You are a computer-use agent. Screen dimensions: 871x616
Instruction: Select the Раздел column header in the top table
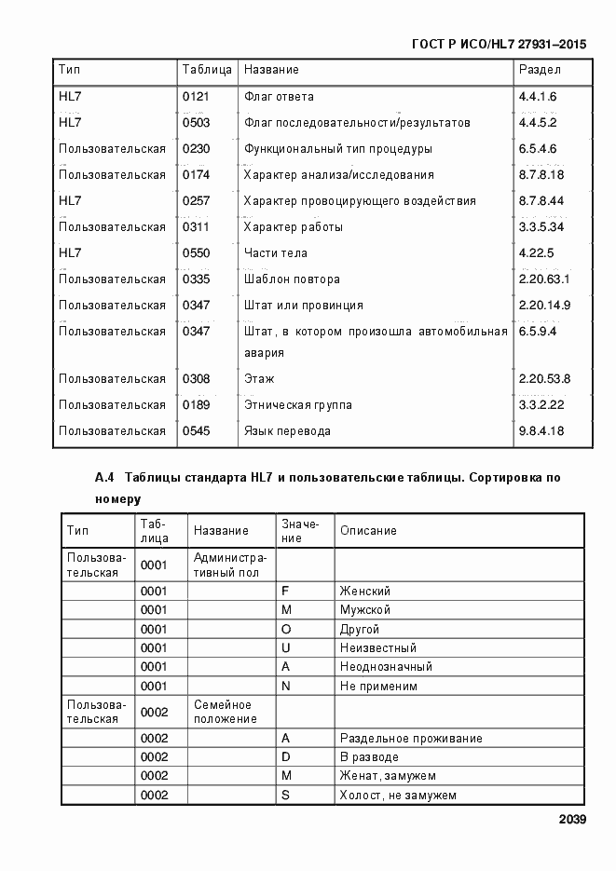540,70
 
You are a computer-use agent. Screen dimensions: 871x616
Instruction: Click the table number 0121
196,97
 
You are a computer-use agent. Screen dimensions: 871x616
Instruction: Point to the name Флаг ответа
279,97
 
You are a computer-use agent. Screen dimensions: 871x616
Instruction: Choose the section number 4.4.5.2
538,123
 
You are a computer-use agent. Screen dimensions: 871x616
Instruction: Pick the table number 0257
196,201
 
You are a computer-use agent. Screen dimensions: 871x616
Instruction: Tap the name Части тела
275,253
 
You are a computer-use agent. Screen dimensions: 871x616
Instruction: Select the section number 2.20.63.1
544,279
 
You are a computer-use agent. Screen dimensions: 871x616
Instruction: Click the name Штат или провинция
303,306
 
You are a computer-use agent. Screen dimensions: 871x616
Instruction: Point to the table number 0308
196,379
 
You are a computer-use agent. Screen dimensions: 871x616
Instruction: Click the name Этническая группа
297,405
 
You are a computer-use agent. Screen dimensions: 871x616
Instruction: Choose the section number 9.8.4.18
541,431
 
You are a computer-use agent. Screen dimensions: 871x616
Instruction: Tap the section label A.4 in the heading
103,478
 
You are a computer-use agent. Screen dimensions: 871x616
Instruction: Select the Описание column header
368,531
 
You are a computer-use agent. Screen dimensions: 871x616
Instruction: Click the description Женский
364,592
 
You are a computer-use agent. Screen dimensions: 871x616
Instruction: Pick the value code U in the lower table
286,648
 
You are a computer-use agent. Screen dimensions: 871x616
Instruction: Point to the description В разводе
369,757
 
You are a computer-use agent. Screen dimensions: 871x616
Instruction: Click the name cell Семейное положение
224,712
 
